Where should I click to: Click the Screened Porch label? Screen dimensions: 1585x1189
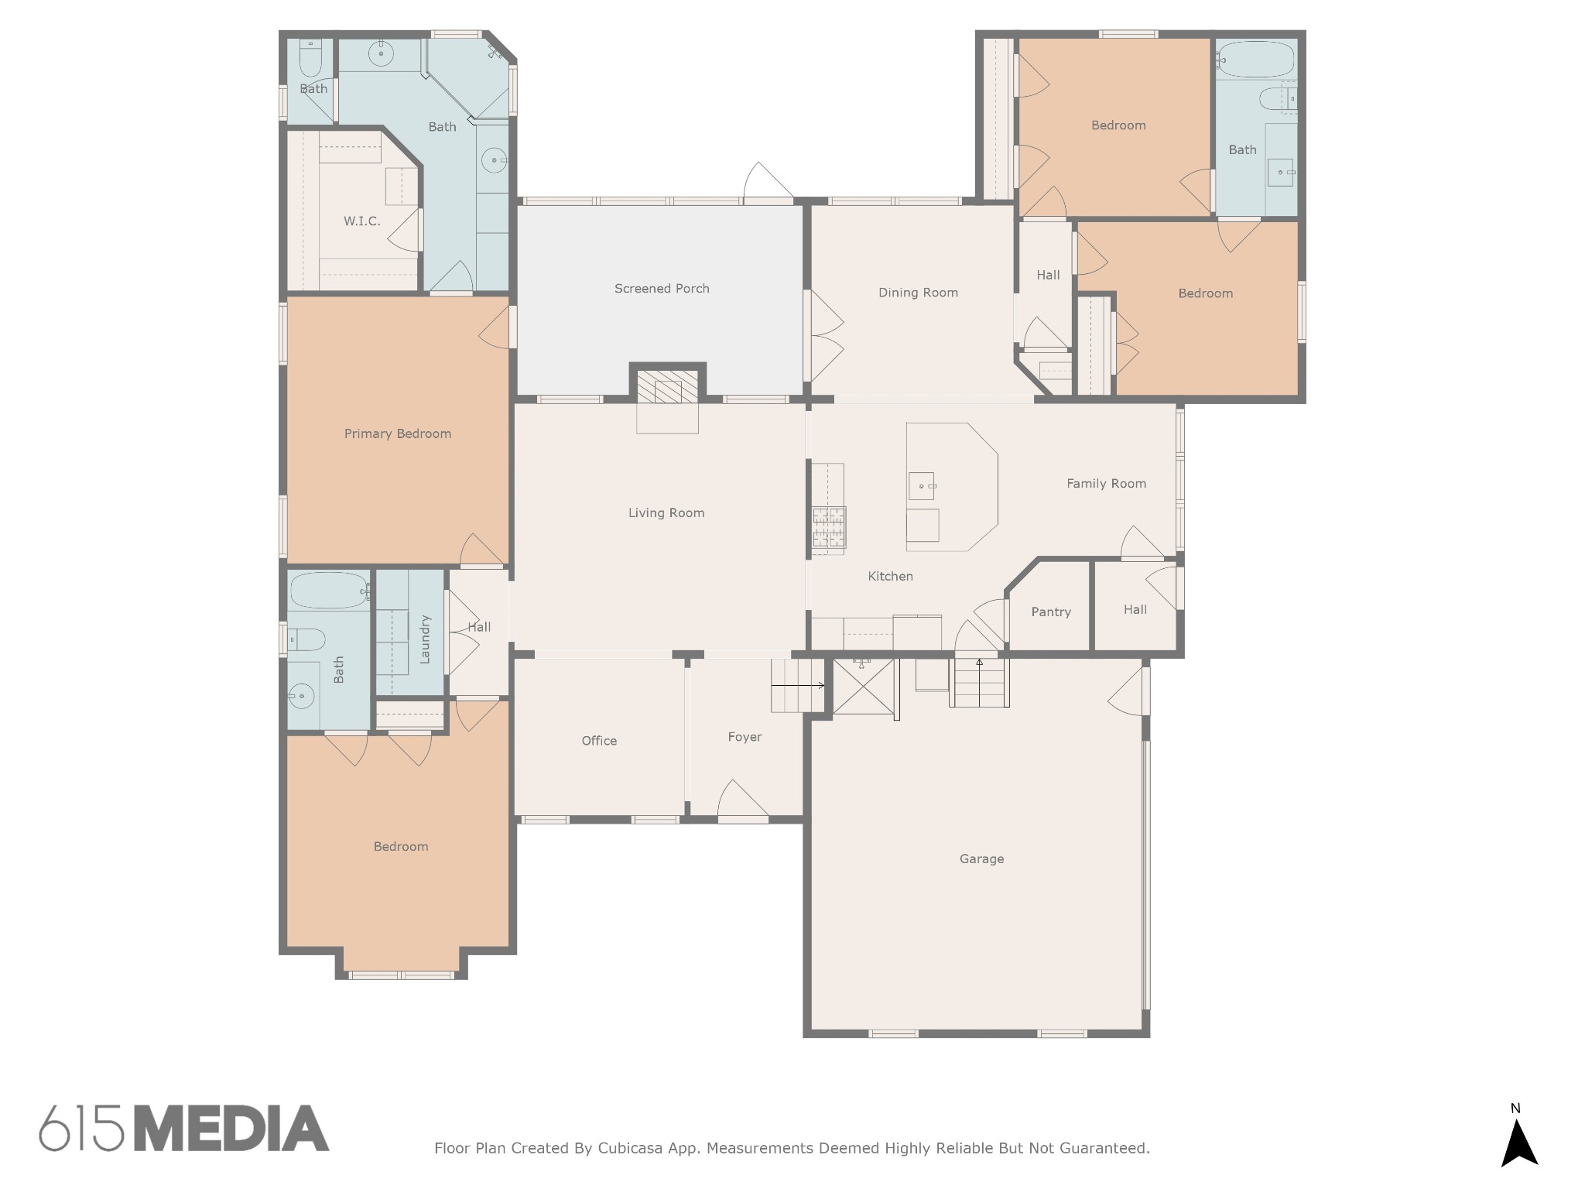click(662, 289)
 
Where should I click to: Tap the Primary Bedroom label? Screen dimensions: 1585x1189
click(398, 433)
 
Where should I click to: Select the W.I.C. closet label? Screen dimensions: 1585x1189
click(362, 221)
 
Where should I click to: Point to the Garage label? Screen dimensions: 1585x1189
click(981, 858)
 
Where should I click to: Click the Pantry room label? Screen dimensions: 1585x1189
click(1051, 612)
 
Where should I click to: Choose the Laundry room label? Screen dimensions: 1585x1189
click(424, 639)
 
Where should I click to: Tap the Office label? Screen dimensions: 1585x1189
click(599, 741)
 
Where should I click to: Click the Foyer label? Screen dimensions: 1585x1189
click(745, 737)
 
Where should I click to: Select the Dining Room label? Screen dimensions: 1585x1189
click(918, 293)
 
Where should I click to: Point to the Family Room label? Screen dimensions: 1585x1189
click(1106, 484)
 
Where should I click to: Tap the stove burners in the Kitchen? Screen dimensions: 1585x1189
click(828, 530)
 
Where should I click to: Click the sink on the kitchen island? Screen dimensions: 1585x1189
click(921, 486)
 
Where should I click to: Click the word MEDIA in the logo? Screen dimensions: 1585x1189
click(232, 1128)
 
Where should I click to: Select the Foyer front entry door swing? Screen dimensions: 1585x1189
click(744, 800)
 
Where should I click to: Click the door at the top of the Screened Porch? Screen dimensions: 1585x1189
click(769, 183)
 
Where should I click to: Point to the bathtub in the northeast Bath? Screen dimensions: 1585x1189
click(1255, 58)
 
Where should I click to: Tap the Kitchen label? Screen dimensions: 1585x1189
click(890, 576)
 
